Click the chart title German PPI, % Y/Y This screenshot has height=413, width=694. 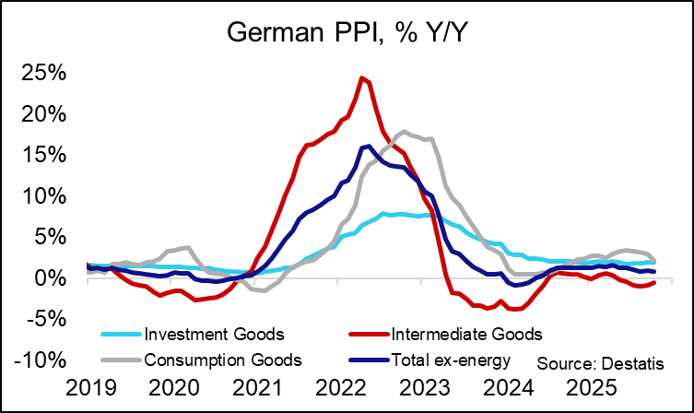(x=347, y=36)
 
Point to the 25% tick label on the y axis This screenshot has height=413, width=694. (x=41, y=73)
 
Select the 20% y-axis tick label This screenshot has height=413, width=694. (x=41, y=114)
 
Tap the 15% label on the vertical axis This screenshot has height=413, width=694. (x=41, y=155)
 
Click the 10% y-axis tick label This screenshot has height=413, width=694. (x=41, y=195)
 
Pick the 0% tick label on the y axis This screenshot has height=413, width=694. (x=48, y=277)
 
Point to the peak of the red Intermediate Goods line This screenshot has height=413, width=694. (x=363, y=77)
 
